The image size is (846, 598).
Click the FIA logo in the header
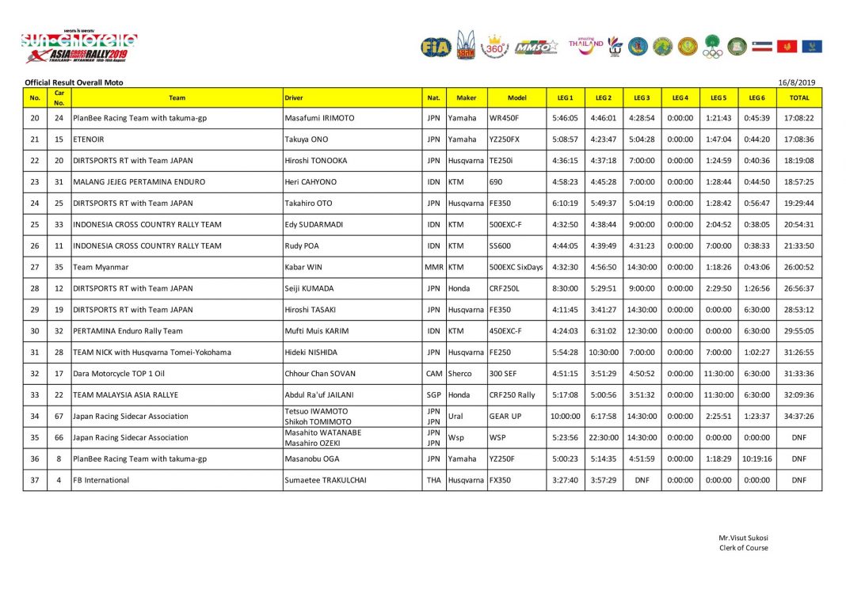click(436, 47)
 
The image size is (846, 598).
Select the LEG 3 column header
click(642, 97)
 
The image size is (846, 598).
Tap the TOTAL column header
click(798, 97)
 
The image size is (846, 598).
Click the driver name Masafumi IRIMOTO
click(319, 118)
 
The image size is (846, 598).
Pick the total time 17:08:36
click(798, 139)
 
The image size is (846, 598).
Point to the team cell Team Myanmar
click(101, 267)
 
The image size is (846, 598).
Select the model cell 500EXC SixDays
click(516, 267)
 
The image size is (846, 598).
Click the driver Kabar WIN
click(305, 267)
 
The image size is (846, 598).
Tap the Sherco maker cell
click(461, 373)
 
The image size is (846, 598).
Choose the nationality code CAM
click(433, 373)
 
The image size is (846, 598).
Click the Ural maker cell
click(456, 416)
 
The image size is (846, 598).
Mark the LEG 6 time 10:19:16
click(757, 459)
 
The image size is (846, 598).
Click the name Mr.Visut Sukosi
click(743, 539)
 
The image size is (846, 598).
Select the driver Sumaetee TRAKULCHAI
click(325, 480)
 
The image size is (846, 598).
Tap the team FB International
click(101, 480)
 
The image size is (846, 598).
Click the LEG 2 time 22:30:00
click(603, 437)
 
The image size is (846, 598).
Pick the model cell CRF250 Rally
click(512, 394)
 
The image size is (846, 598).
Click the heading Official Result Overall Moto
click(74, 82)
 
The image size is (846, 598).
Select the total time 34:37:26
click(798, 416)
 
